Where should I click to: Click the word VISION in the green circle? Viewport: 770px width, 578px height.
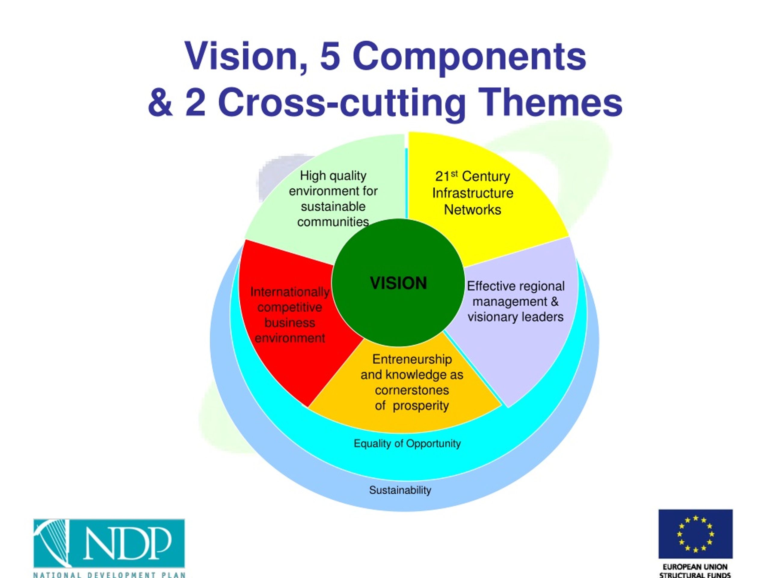[x=398, y=283]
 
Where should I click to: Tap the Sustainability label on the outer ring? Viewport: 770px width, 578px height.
[x=400, y=490]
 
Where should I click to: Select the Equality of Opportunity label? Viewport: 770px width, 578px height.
[x=407, y=443]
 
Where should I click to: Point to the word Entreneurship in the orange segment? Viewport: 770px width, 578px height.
[x=412, y=359]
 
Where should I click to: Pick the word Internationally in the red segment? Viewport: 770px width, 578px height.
[x=290, y=292]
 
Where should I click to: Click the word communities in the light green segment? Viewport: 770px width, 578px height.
[x=333, y=222]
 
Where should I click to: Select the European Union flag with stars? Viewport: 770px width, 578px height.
[x=695, y=534]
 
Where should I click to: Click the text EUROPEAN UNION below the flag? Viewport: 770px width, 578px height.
[x=695, y=567]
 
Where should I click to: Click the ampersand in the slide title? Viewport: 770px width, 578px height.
[x=160, y=103]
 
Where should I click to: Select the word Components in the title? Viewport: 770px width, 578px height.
[x=469, y=57]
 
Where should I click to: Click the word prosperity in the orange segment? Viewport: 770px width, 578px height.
[x=421, y=406]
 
